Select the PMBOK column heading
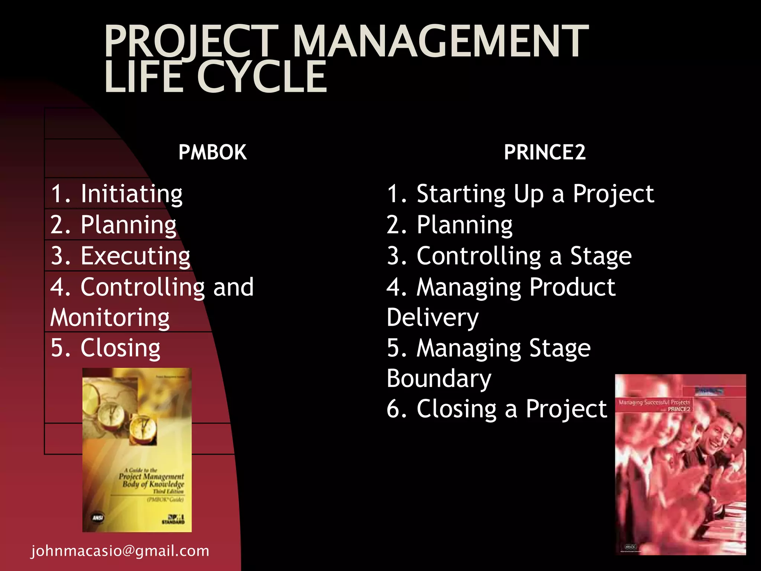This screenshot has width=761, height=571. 212,152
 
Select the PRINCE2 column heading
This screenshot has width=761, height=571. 544,152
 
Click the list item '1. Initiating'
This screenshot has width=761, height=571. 116,194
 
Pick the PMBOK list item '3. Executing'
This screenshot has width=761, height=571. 120,256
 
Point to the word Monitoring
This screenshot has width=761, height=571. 110,318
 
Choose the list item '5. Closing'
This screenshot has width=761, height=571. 106,348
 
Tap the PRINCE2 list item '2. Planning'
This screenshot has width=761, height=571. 450,225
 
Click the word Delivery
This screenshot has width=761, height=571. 433,318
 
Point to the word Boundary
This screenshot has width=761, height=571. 439,379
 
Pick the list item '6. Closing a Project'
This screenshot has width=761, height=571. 496,409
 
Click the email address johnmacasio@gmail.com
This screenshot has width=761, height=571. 120,551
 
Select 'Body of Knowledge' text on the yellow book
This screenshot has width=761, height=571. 153,484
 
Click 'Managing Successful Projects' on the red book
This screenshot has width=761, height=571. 654,402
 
